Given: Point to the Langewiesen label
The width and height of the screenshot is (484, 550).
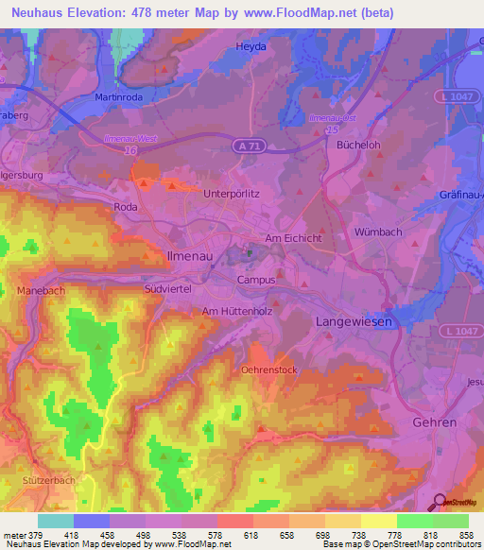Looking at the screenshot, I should (352, 322).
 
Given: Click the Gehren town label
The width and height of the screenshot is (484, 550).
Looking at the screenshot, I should (435, 421).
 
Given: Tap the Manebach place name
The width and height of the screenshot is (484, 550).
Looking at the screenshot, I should (36, 292).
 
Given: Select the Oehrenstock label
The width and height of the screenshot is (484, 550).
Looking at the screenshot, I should (271, 370).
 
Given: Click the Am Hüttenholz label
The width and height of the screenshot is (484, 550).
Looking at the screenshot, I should (236, 310).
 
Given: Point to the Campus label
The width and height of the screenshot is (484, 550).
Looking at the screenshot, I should (256, 280).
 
